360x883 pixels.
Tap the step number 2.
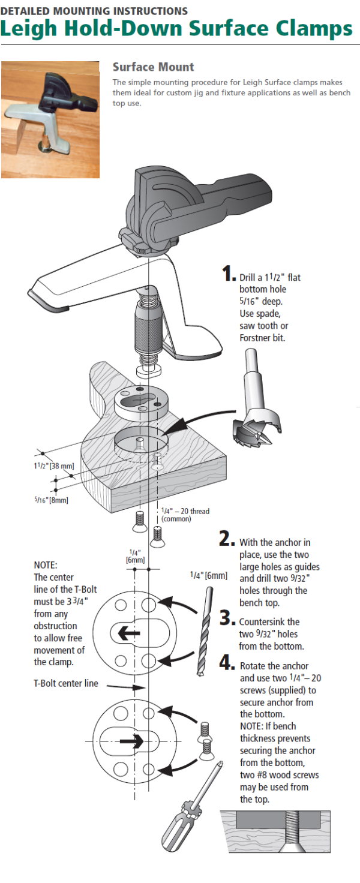click(226, 539)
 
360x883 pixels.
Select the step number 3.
click(227, 617)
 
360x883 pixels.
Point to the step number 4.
click(227, 662)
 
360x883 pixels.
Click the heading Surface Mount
click(153, 67)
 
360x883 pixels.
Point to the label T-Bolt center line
click(66, 683)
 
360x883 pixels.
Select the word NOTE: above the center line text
click(46, 565)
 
